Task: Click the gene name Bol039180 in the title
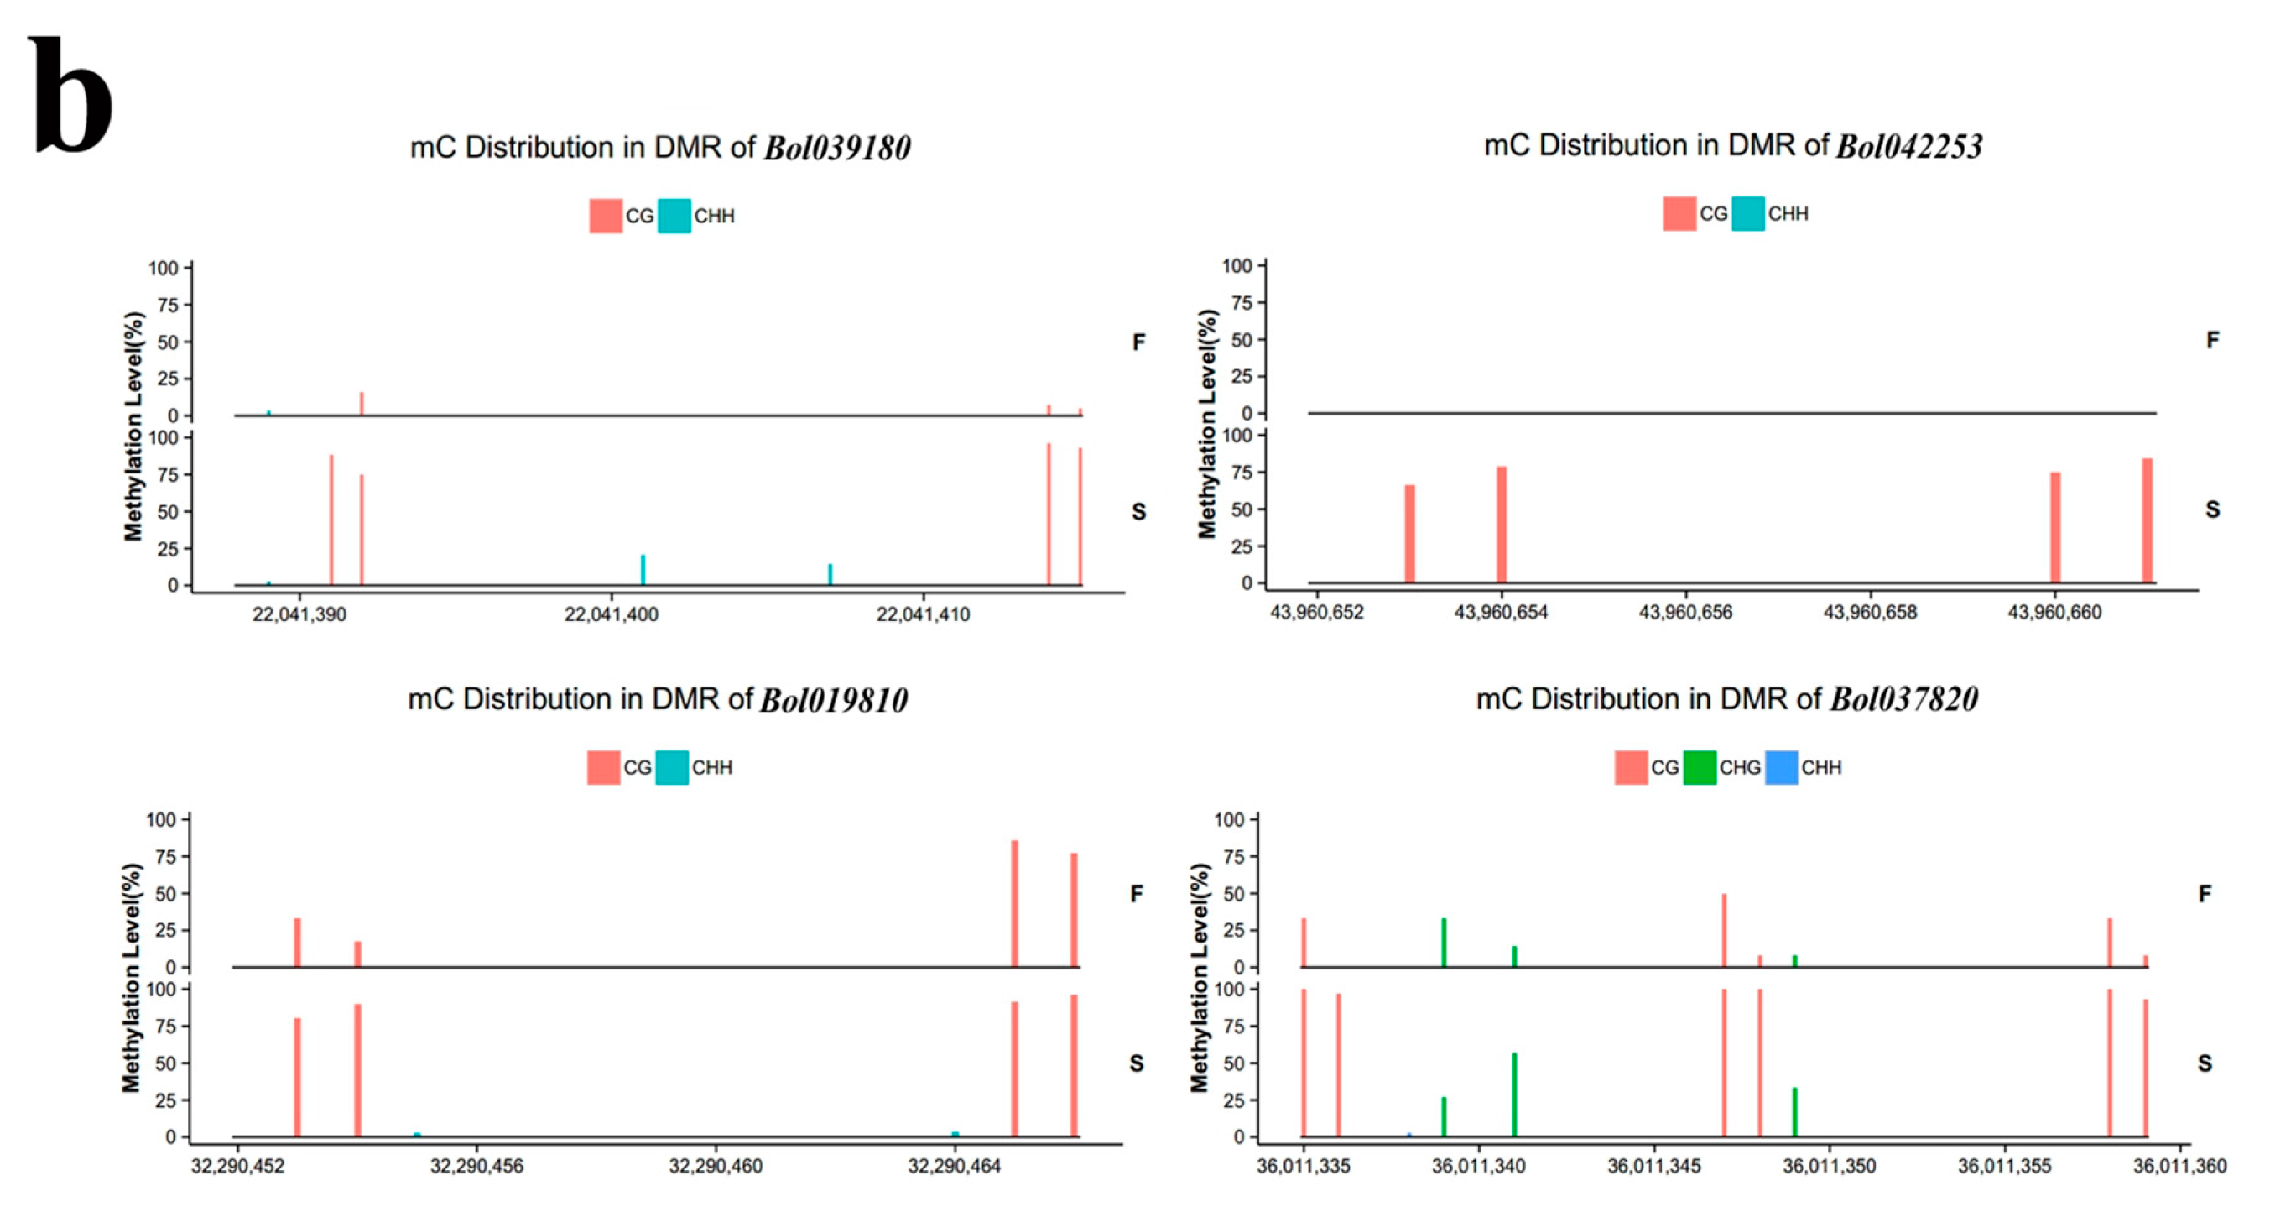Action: tap(836, 147)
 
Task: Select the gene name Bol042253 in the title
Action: tap(1908, 145)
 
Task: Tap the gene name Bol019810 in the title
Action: tap(834, 700)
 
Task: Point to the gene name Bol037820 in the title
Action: tap(1904, 699)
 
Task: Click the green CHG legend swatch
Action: tap(1699, 768)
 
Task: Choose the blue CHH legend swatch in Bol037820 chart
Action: tap(1781, 768)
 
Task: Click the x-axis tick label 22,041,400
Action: tap(611, 614)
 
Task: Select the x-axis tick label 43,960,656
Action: tap(1684, 612)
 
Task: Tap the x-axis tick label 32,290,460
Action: tap(715, 1166)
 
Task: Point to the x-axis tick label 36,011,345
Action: tap(1653, 1166)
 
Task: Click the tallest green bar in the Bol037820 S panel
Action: tap(1514, 1094)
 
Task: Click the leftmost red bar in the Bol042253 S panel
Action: tap(1409, 533)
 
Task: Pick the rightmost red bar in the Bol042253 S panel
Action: tap(2148, 520)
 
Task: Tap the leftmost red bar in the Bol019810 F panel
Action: tap(297, 943)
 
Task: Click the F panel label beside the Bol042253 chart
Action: tap(2212, 340)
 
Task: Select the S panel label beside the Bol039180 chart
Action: tap(1138, 511)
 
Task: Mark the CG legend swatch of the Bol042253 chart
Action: tap(1679, 214)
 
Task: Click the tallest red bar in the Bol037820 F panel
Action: tap(1724, 931)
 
